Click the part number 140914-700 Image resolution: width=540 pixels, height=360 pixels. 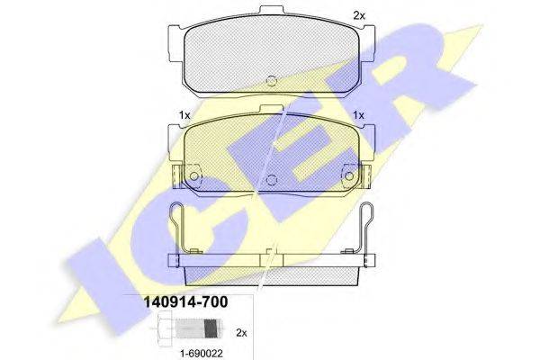[x=185, y=302]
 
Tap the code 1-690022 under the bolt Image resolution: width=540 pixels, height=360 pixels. [x=202, y=353]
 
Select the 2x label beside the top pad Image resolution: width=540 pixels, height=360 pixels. [x=359, y=15]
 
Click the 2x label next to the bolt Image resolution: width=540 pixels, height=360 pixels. [x=241, y=333]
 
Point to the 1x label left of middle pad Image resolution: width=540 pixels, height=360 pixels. [x=184, y=115]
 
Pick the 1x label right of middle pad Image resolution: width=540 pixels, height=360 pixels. [x=358, y=115]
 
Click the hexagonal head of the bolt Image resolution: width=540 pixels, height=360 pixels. [x=166, y=328]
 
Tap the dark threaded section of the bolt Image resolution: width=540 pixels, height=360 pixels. [x=211, y=328]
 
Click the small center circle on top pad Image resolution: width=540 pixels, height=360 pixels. [x=272, y=80]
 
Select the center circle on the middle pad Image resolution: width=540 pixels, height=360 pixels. [x=272, y=179]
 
